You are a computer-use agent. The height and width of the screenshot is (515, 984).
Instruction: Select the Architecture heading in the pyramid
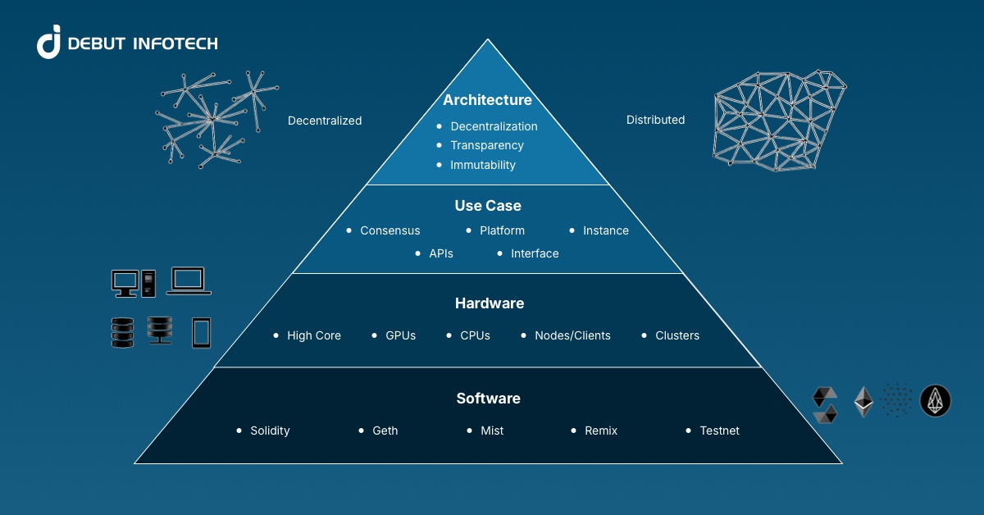tap(487, 100)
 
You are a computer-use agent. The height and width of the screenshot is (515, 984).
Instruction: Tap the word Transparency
tap(487, 145)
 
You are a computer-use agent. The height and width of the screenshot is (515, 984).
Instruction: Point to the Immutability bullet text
tap(483, 165)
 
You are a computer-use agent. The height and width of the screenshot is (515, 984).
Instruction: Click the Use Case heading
tap(488, 206)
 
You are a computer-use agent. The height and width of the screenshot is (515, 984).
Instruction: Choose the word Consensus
tap(390, 230)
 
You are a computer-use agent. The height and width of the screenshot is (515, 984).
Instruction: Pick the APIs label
tap(441, 253)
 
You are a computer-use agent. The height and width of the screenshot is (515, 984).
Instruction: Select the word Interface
tap(535, 253)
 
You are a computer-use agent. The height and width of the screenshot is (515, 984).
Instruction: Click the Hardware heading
tap(490, 303)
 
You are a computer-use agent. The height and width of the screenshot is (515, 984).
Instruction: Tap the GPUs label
tap(401, 335)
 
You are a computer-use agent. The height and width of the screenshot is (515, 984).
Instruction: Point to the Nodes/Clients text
tap(572, 335)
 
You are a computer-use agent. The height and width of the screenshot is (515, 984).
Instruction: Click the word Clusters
tap(677, 335)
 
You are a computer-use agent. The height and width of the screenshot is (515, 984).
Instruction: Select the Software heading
tap(489, 399)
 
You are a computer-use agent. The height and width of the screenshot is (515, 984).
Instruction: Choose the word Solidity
tap(270, 431)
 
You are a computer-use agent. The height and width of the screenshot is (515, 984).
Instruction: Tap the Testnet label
tap(719, 431)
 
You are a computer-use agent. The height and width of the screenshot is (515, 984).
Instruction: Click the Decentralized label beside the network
tap(325, 121)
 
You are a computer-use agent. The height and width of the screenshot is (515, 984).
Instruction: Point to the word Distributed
tap(655, 120)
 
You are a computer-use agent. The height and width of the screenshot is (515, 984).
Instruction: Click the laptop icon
tap(189, 280)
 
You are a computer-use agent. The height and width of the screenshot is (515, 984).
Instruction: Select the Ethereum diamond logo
tap(863, 401)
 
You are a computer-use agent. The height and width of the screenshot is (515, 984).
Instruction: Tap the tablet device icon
tap(201, 332)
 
